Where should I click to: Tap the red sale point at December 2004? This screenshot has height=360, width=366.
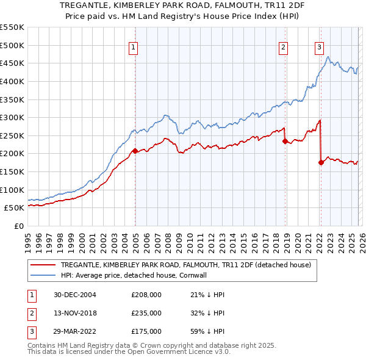pyautogui.click(x=135, y=150)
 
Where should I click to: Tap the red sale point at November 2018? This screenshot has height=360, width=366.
pyautogui.click(x=285, y=141)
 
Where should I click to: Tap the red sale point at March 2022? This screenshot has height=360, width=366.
pyautogui.click(x=321, y=162)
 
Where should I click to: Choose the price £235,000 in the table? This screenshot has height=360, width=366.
pyautogui.click(x=146, y=313)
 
